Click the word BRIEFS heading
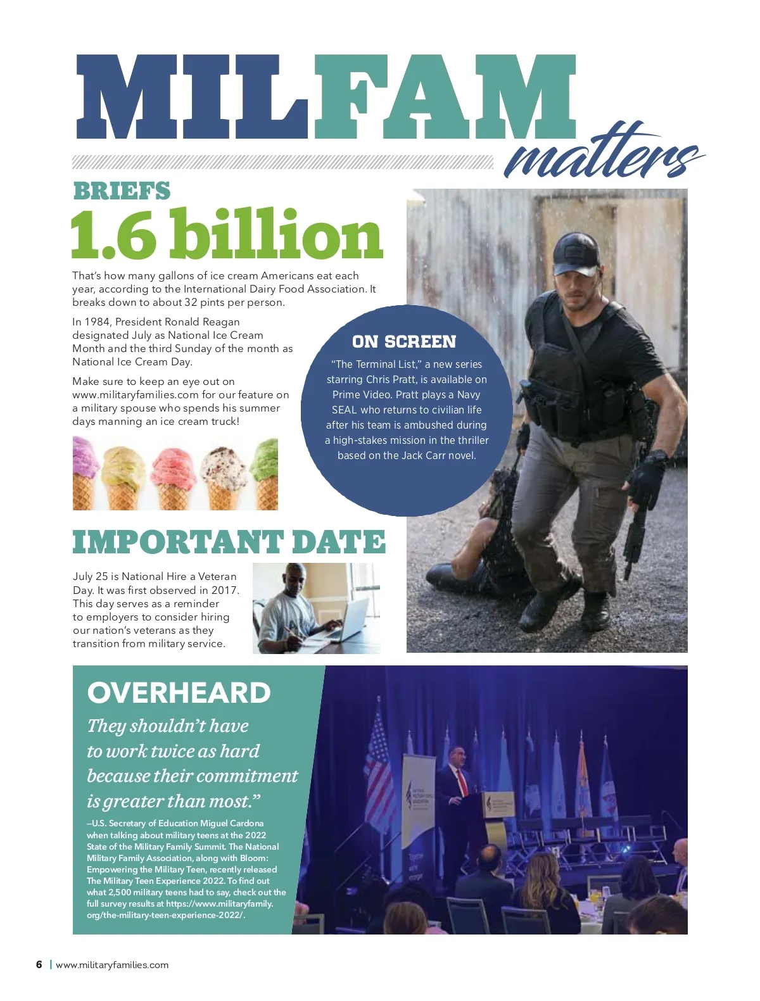click(x=122, y=191)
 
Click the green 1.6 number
click(x=113, y=235)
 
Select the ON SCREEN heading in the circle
click(x=404, y=342)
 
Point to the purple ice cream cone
click(x=85, y=472)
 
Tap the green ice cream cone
click(x=265, y=472)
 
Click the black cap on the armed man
click(x=574, y=251)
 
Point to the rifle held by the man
click(x=633, y=538)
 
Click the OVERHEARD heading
click(x=179, y=693)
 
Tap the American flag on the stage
click(x=379, y=760)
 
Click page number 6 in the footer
click(x=39, y=965)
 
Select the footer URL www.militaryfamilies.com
click(x=112, y=965)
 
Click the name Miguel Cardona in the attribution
click(x=232, y=823)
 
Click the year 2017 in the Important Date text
click(x=225, y=590)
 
